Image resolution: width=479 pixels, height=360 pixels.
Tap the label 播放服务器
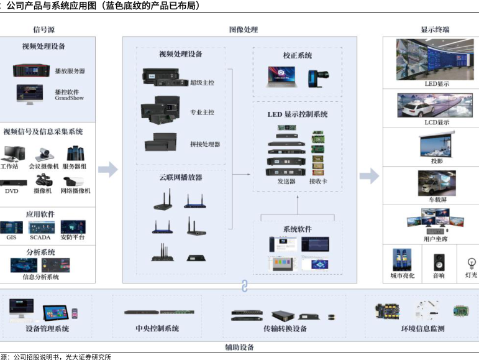[70, 72]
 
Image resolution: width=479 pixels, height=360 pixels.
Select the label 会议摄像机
[43, 166]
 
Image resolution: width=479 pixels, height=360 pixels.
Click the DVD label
[11, 191]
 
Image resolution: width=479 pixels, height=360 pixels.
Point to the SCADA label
[40, 238]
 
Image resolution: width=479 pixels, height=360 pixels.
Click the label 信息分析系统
[40, 277]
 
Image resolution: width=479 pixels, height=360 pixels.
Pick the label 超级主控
[202, 82]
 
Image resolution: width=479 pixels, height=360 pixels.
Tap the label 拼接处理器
[204, 144]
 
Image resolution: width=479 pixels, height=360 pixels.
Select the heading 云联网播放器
[180, 177]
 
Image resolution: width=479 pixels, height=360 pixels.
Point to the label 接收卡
[317, 181]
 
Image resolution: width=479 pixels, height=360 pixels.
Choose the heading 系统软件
[297, 229]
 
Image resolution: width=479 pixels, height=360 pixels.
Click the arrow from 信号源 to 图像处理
[108, 168]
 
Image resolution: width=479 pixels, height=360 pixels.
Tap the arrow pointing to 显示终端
[369, 176]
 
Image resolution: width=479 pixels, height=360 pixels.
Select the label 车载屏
[437, 200]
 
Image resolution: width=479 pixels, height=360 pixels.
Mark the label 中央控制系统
[157, 328]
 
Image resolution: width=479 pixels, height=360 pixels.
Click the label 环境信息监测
[422, 328]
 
